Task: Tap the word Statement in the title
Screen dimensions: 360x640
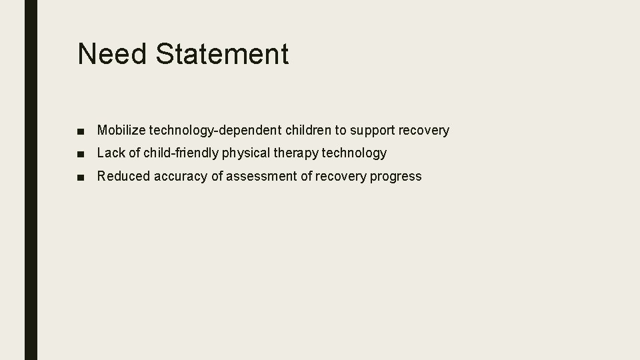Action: (x=223, y=54)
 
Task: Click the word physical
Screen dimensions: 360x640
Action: (x=245, y=153)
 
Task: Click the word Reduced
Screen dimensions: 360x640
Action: (x=124, y=177)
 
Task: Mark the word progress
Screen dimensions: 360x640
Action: (x=397, y=177)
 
